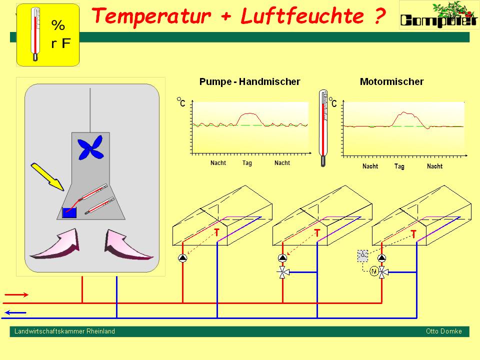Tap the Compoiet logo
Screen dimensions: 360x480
[x=438, y=15]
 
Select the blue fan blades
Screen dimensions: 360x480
[x=90, y=148]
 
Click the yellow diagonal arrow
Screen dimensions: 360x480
[x=47, y=176]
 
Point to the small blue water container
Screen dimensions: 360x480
[x=69, y=212]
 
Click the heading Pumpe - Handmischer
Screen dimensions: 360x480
[x=249, y=81]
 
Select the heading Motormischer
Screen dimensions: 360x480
[x=391, y=81]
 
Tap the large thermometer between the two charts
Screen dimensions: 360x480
[x=323, y=128]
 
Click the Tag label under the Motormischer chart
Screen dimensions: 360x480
[x=399, y=166]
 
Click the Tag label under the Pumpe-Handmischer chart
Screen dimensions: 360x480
[x=247, y=163]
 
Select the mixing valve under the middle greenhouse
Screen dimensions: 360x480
[x=282, y=272]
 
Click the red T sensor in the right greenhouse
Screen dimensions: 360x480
[x=413, y=233]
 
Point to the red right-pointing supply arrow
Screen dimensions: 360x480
[x=16, y=295]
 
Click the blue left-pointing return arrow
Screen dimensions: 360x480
[x=16, y=313]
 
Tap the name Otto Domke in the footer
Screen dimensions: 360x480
[x=443, y=331]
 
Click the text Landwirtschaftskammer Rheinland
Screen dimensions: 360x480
[x=64, y=331]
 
